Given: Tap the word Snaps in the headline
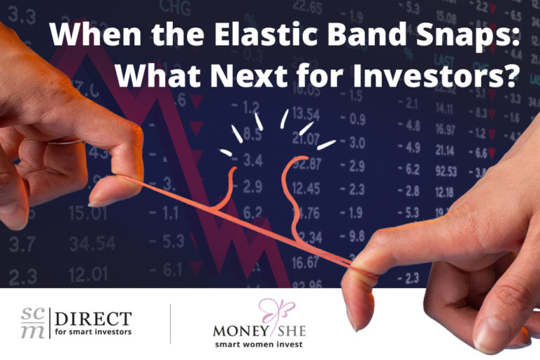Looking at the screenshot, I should [467, 34].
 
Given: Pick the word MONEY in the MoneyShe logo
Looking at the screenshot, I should [238, 329].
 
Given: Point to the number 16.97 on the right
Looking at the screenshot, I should [444, 129].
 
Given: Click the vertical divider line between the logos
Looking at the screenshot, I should [170, 323].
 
